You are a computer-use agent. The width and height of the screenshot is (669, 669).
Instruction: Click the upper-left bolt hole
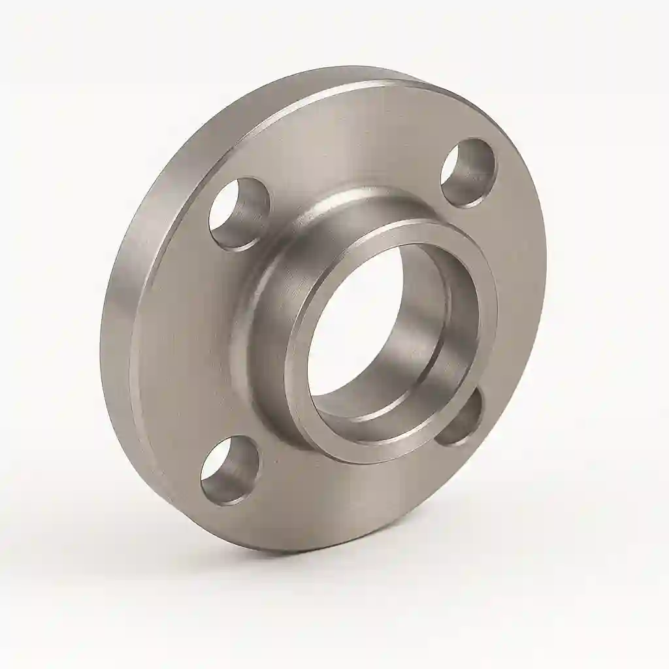pos(239,213)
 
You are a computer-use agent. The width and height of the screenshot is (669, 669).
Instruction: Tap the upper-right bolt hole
pos(468,172)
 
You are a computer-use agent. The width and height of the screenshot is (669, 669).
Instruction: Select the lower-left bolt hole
pos(229,469)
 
